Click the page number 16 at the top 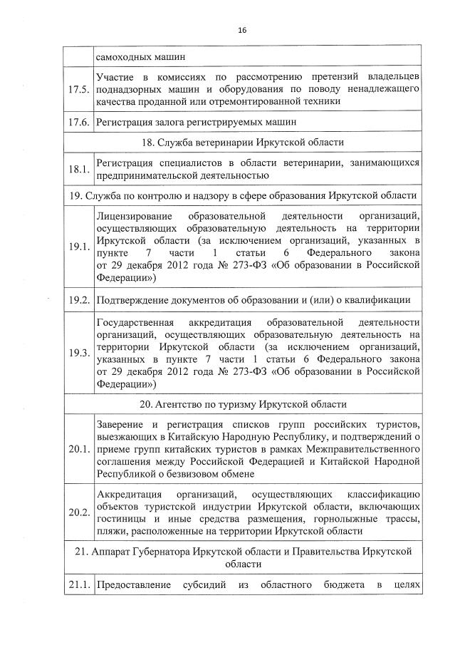241,30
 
